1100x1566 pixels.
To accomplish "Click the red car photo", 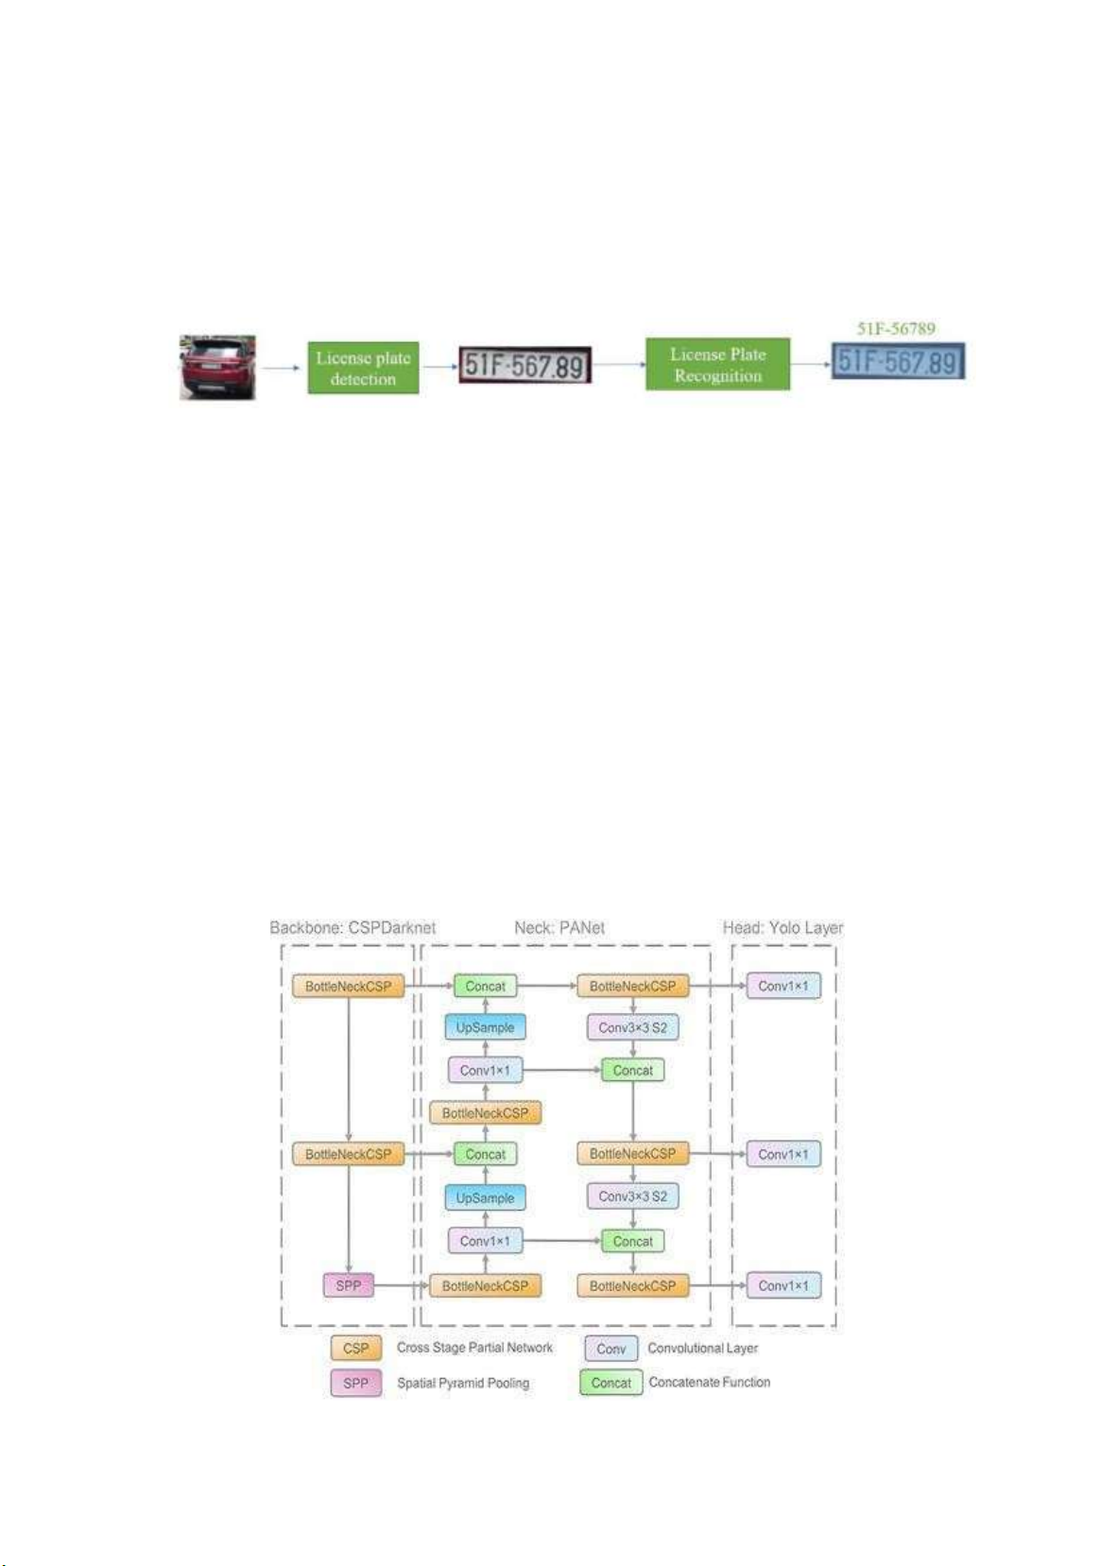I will pos(217,367).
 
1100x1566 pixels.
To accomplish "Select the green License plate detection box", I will pos(363,369).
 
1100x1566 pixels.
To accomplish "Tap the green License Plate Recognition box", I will pos(717,365).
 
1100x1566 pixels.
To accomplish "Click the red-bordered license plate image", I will pos(524,365).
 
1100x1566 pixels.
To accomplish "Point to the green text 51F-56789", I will pos(896,329).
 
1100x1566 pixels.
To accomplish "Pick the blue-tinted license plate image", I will pos(898,361).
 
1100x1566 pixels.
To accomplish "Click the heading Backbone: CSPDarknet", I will pos(352,928).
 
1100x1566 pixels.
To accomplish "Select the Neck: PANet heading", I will pos(559,928).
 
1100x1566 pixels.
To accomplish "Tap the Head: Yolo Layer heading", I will pos(782,928).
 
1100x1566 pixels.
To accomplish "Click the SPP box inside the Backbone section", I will pos(349,1285).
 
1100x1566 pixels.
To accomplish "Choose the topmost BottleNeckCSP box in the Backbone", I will pos(349,986).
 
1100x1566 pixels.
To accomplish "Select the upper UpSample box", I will pos(485,1027).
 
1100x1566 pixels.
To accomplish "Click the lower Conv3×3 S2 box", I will pos(632,1196).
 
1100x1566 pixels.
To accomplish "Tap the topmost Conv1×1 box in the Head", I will pos(783,986).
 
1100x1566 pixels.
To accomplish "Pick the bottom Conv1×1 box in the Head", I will pos(783,1285).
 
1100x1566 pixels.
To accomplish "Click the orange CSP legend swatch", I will pos(356,1349).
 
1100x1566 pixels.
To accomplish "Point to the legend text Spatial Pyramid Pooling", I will pos(463,1384).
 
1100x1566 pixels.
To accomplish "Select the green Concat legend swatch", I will pos(610,1383).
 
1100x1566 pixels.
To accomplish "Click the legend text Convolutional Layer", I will pos(702,1349).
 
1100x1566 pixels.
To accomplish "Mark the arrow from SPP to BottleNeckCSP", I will pos(402,1285).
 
